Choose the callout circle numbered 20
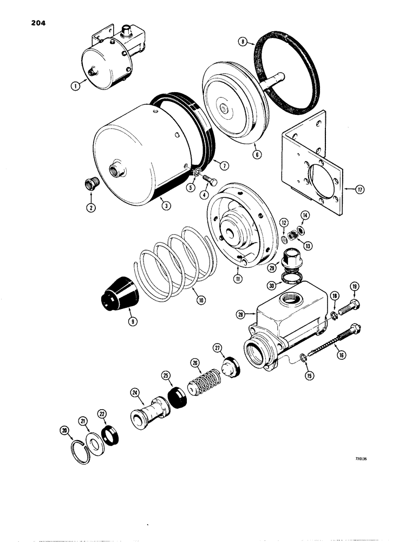[x=65, y=431]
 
